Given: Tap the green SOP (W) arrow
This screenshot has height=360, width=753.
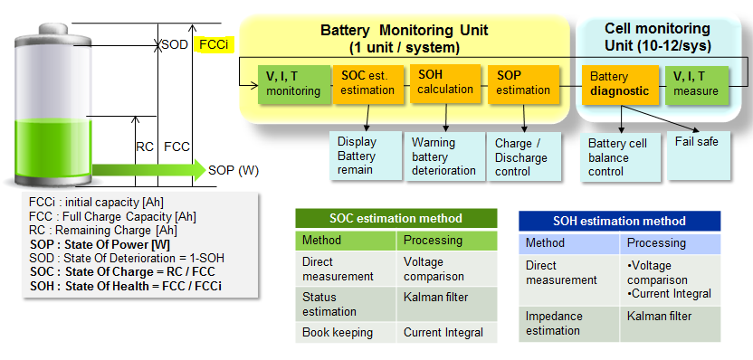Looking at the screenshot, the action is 148,170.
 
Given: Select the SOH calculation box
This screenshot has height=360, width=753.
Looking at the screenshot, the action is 445,83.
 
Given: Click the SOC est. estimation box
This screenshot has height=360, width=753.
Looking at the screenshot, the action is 367,84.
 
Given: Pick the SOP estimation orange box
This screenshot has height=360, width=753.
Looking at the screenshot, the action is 523,84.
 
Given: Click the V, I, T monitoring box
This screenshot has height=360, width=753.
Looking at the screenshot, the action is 294,84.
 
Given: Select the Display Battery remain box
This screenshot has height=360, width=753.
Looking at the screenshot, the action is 366,156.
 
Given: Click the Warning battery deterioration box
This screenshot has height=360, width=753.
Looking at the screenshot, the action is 444,156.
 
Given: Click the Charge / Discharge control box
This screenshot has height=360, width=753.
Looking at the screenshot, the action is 523,156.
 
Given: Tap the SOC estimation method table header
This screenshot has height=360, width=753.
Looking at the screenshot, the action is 396,218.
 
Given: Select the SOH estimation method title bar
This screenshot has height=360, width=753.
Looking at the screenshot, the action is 619,221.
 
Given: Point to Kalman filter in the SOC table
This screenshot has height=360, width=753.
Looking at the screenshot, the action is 435,297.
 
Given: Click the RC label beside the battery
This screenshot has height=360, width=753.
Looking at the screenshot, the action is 145,147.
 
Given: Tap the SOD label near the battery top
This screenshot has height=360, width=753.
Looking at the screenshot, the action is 175,45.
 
